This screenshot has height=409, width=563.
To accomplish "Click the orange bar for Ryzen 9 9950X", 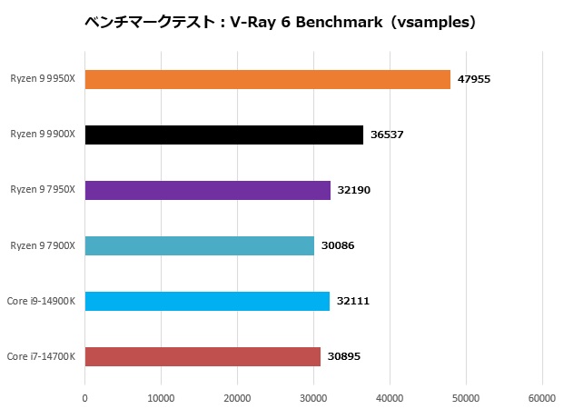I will click(x=268, y=80).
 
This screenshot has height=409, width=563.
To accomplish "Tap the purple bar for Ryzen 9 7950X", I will click(x=208, y=190).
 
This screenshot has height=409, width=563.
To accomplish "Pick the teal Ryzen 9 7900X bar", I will click(x=200, y=245).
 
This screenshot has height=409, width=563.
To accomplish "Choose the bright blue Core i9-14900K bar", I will click(x=207, y=301).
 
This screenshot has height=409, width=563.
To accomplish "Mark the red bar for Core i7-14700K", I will click(x=202, y=356).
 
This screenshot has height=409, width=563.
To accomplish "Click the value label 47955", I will click(x=474, y=80).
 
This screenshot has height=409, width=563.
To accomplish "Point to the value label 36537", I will click(x=387, y=135).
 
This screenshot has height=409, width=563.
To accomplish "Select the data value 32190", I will click(x=354, y=190).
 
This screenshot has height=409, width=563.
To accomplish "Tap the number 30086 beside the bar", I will click(x=338, y=245).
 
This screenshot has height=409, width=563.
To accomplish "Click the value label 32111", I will click(x=353, y=301).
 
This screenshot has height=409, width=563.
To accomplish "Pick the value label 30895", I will click(x=344, y=356).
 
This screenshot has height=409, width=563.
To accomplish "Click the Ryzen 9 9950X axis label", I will click(x=43, y=80).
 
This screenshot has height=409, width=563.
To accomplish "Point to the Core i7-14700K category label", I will click(x=41, y=356).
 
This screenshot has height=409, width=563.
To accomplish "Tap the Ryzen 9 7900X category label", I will click(x=43, y=245).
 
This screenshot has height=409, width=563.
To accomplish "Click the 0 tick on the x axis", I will click(x=85, y=397).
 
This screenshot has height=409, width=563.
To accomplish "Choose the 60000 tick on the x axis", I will click(x=542, y=397).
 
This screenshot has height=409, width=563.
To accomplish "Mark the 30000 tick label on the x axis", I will click(x=313, y=397).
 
